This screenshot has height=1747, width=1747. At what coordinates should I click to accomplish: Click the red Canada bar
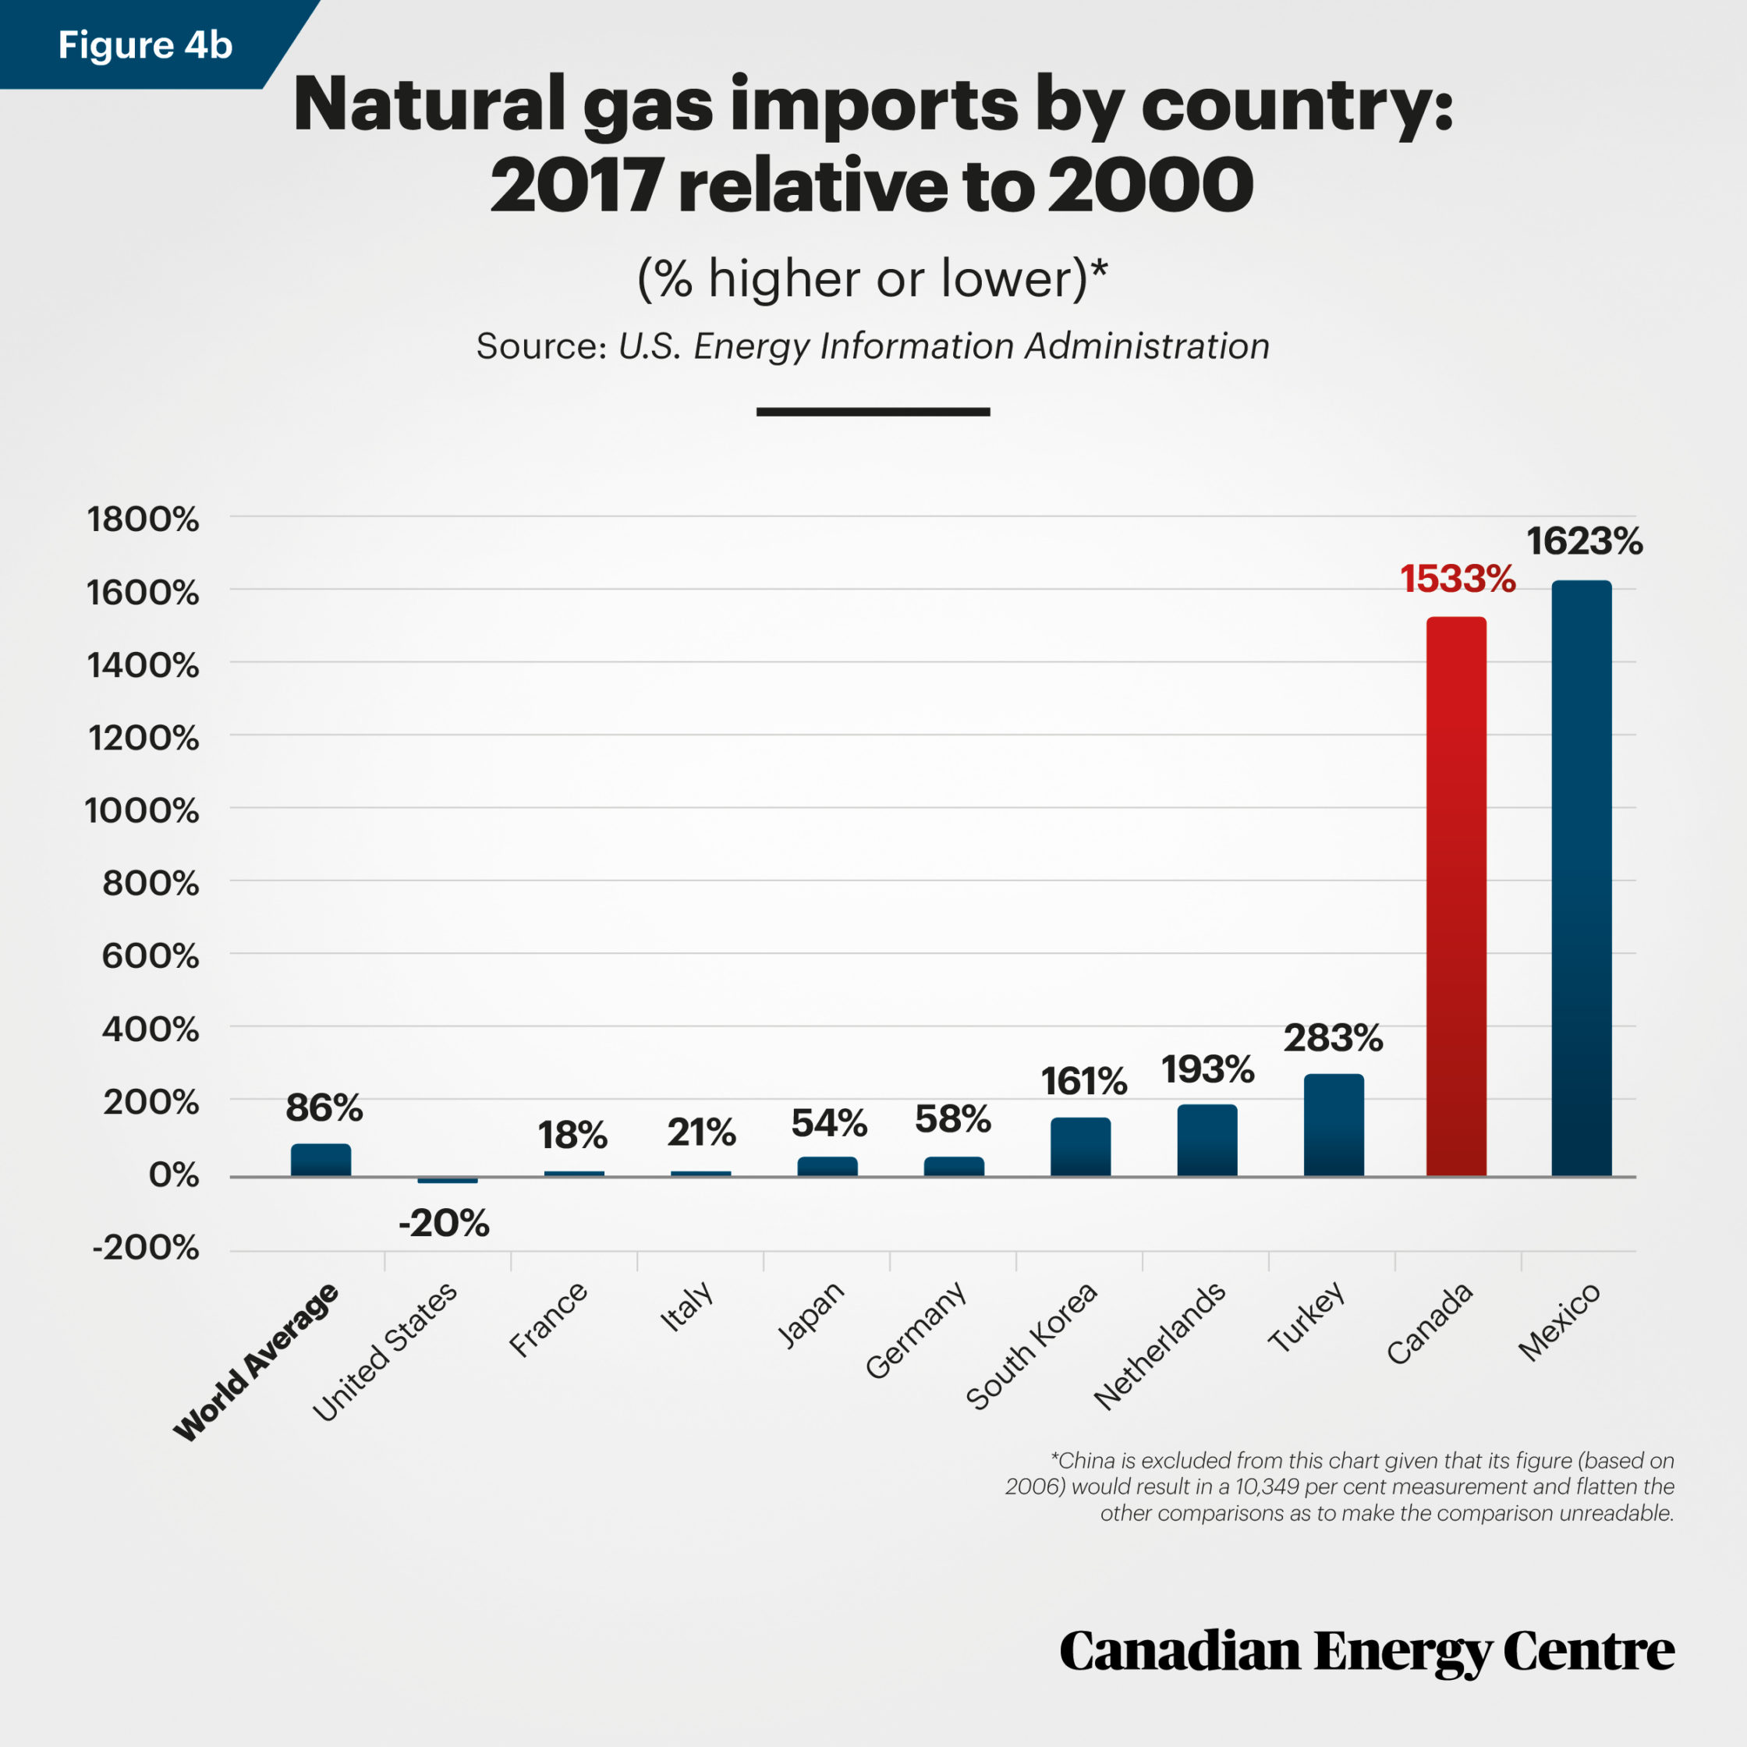tap(1456, 895)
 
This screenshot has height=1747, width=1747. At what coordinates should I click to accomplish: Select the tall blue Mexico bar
tap(1582, 877)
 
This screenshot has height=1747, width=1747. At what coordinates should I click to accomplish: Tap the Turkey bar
tap(1334, 1125)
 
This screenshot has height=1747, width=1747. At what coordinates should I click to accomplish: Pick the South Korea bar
tap(1081, 1146)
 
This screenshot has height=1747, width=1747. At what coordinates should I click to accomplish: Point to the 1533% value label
tap(1458, 579)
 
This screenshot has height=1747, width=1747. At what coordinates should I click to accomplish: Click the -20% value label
tap(444, 1224)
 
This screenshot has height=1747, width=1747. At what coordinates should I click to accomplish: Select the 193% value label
tap(1207, 1070)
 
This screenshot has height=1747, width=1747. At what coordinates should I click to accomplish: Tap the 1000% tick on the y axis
tap(142, 810)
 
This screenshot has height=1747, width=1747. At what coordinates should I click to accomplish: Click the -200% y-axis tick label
tap(146, 1248)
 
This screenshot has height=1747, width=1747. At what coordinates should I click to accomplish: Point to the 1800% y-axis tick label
tap(143, 519)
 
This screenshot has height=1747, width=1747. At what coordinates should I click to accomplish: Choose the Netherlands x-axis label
tap(1161, 1346)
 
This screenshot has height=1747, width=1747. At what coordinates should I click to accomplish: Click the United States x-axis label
tap(386, 1352)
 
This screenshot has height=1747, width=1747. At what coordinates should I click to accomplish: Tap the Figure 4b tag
tap(145, 44)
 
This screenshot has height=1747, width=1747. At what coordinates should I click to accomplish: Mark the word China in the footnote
tap(1086, 1460)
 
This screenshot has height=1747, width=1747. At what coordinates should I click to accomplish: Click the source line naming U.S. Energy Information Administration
tap(873, 346)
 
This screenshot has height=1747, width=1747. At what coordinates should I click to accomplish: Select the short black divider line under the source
tap(873, 412)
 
